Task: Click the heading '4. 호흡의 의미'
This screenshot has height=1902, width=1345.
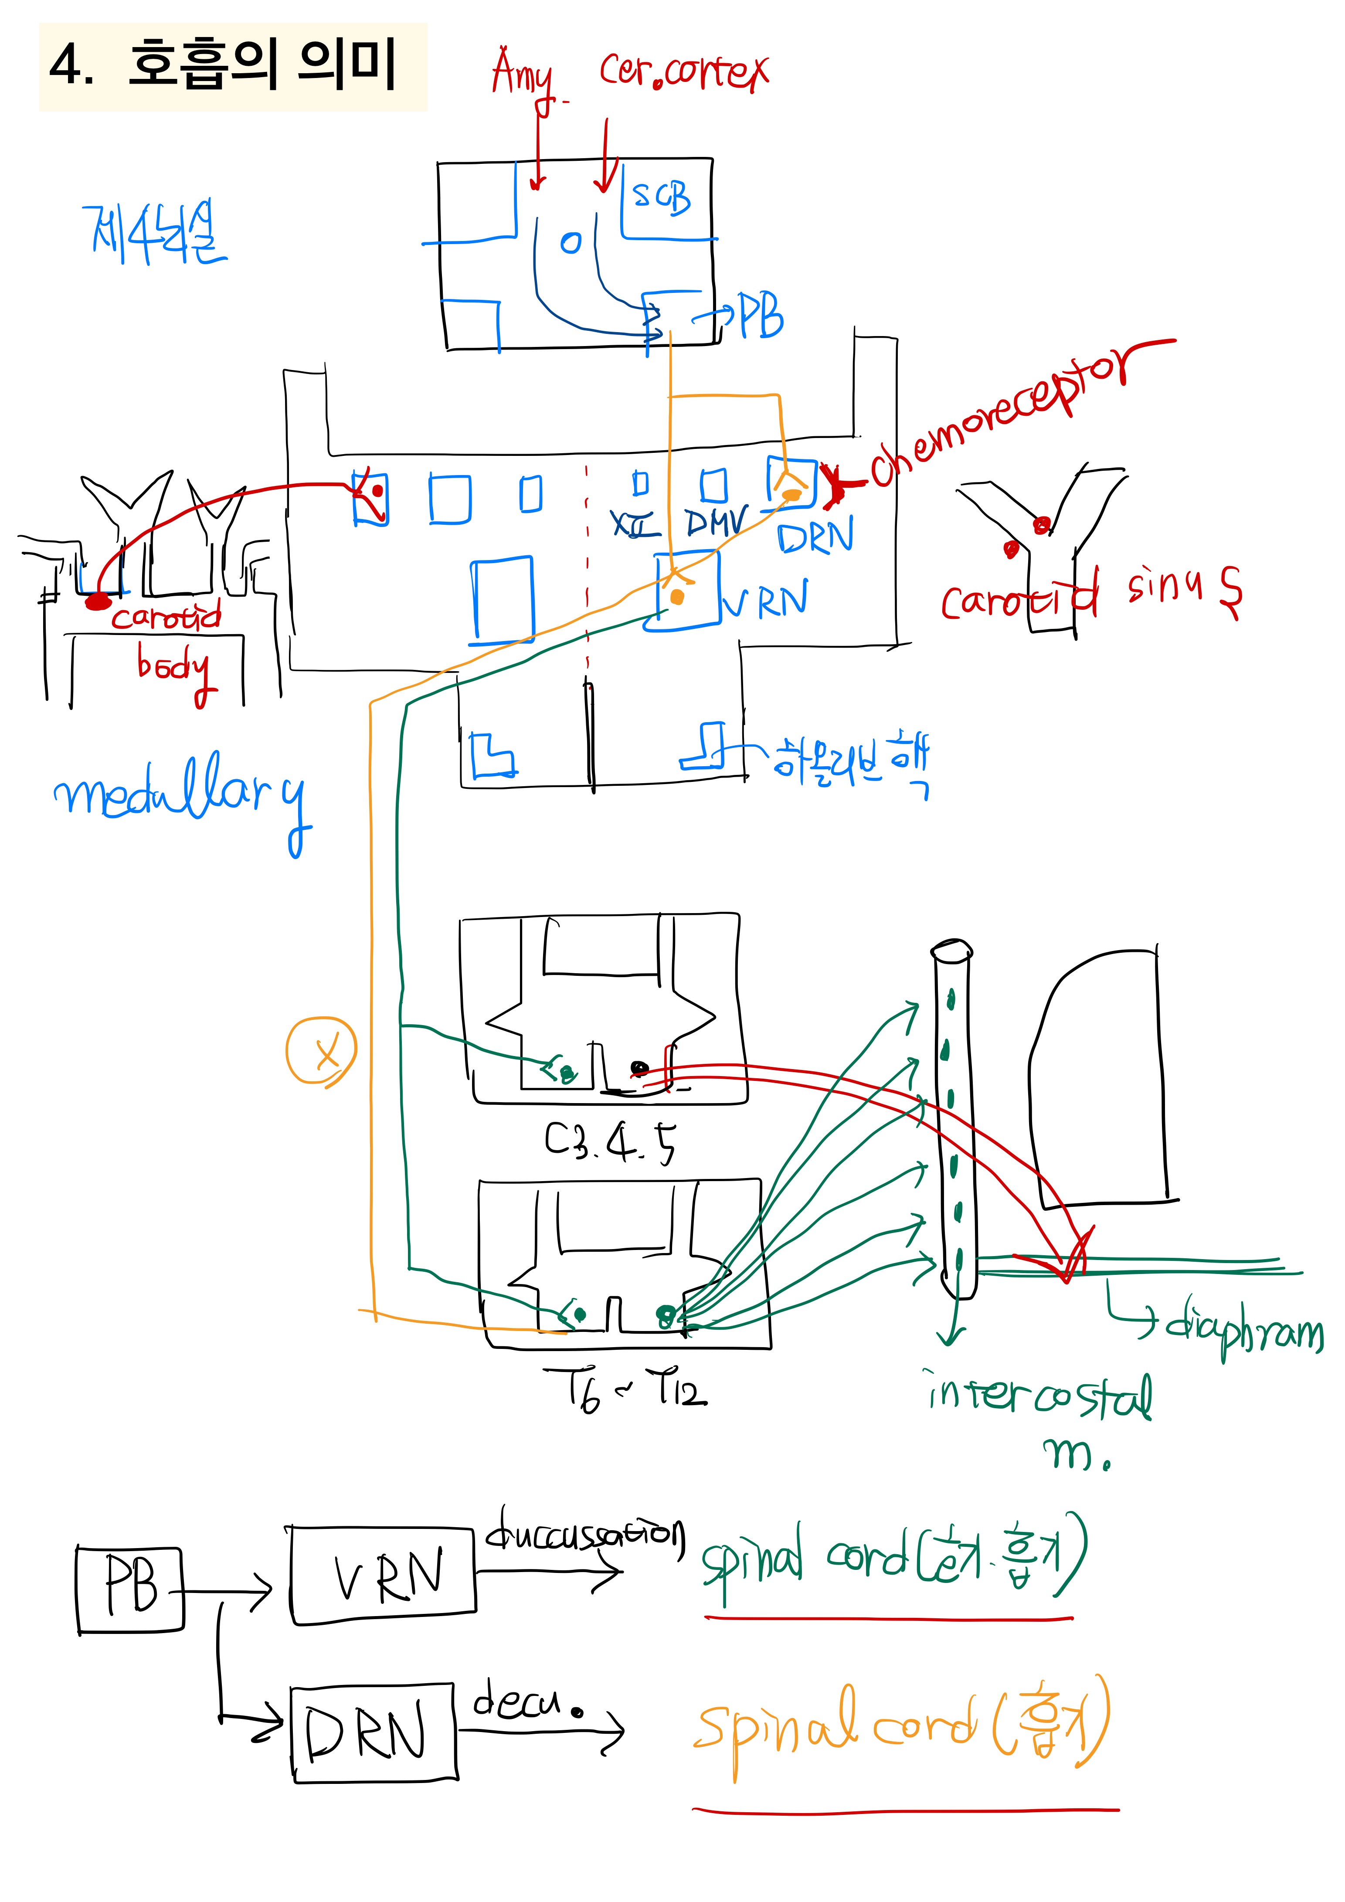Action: tap(224, 65)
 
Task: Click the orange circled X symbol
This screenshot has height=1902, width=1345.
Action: tap(321, 1050)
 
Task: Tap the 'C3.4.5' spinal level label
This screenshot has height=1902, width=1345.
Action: tap(610, 1143)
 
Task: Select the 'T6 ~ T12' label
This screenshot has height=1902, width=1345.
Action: tap(625, 1389)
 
